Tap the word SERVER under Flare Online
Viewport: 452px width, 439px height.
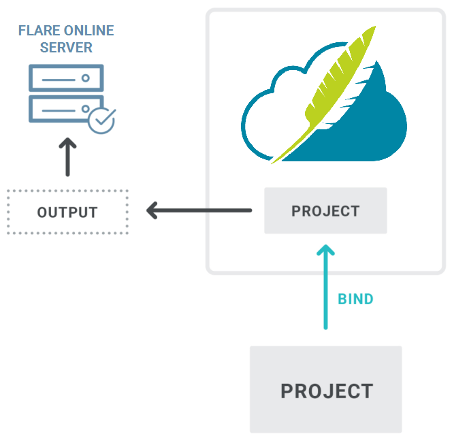point(66,48)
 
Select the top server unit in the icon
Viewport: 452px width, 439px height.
point(66,78)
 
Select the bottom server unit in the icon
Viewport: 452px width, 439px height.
point(60,109)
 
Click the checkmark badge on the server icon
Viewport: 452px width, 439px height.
point(102,120)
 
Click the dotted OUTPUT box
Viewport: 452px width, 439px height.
point(67,212)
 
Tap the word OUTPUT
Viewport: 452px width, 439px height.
point(67,212)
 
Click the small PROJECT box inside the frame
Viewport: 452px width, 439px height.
point(325,211)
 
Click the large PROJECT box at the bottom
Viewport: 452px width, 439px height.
point(326,390)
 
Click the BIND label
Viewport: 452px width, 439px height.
point(355,299)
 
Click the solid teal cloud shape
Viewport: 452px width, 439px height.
point(368,129)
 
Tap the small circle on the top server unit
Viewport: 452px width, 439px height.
point(86,78)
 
